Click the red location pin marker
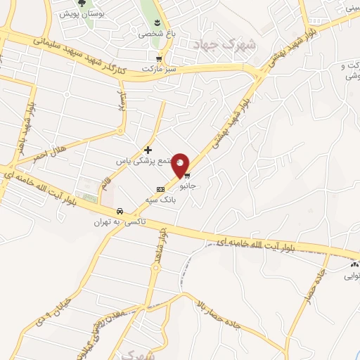tap(181, 165)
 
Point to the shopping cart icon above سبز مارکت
tap(160, 59)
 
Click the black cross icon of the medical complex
tap(148, 149)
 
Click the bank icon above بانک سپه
tap(161, 189)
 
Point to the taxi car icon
tap(120, 211)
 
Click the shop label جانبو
tap(188, 187)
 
